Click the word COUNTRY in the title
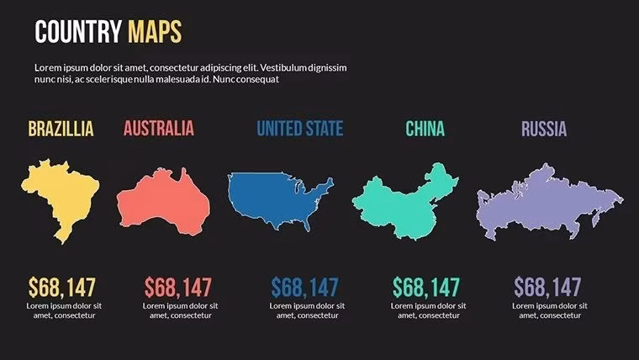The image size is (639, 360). tap(78, 33)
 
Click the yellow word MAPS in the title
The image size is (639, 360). tap(154, 33)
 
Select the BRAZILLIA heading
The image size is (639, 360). tap(61, 129)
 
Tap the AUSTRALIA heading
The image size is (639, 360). tap(158, 129)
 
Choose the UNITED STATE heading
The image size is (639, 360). tap(299, 129)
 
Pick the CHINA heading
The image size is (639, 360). tap(425, 129)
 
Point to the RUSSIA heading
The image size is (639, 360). tap(543, 129)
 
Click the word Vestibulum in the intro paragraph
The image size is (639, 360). tap(288, 67)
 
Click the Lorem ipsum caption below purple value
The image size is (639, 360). tap(547, 310)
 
